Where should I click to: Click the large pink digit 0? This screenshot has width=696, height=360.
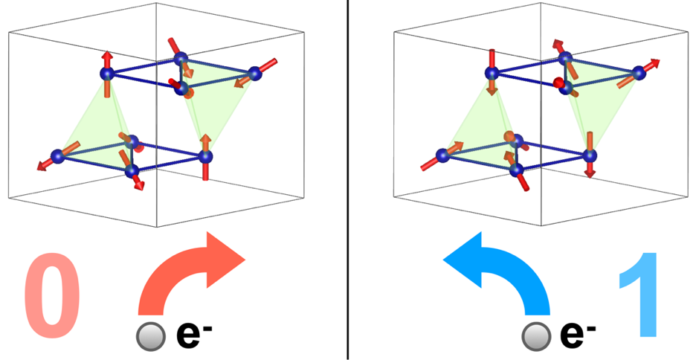pyautogui.click(x=52, y=295)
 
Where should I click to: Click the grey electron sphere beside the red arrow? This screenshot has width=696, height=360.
pyautogui.click(x=151, y=336)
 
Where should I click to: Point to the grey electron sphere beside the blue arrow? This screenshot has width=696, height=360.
pyautogui.click(x=536, y=336)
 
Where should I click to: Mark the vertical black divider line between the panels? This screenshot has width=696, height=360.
pyautogui.click(x=347, y=180)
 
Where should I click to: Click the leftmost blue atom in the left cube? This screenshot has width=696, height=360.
pyautogui.click(x=58, y=155)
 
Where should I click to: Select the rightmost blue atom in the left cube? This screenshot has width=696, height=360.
pyautogui.click(x=254, y=74)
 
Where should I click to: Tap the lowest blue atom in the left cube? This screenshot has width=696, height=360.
pyautogui.click(x=132, y=170)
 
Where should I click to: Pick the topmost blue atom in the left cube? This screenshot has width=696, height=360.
pyautogui.click(x=181, y=58)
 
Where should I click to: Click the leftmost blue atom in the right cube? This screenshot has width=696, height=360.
pyautogui.click(x=442, y=155)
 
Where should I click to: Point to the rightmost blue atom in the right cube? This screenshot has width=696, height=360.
pyautogui.click(x=639, y=73)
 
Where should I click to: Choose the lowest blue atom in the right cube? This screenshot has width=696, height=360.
pyautogui.click(x=516, y=170)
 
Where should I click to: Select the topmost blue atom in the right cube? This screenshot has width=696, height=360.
pyautogui.click(x=565, y=58)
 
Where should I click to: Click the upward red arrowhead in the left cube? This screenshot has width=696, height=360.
pyautogui.click(x=107, y=56)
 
